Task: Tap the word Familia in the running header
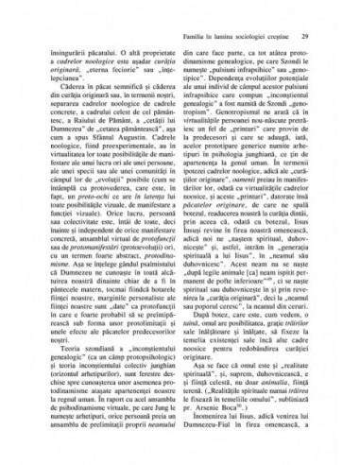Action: click(199, 10)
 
